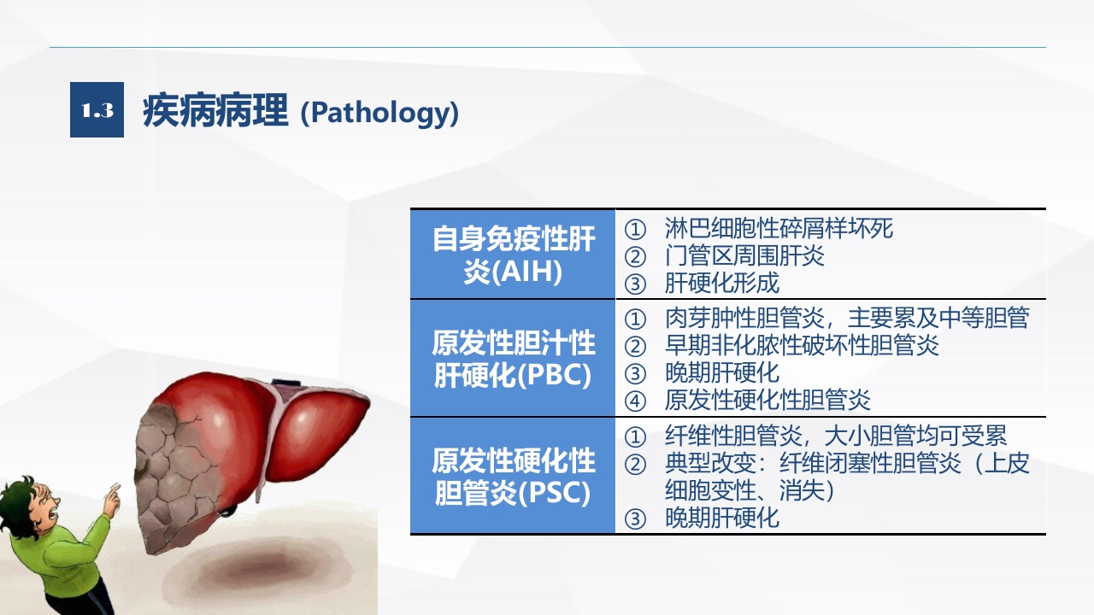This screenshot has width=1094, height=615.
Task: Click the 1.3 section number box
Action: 97,110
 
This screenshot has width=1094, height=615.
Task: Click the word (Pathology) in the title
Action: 379,113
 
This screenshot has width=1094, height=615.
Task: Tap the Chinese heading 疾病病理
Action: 215,111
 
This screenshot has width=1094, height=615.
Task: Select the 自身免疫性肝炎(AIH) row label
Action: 513,255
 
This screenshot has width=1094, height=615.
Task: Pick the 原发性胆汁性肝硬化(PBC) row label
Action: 513,358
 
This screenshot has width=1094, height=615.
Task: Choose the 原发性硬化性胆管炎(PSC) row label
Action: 513,476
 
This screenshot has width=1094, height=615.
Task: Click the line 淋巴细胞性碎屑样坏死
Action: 779,228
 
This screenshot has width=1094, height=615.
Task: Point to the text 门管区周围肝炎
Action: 744,255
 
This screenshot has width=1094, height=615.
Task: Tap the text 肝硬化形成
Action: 722,283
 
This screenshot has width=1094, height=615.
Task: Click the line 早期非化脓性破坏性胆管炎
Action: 802,345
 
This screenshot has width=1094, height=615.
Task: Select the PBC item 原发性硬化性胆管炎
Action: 768,400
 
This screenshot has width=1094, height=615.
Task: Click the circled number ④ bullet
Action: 635,401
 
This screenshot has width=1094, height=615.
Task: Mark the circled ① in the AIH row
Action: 635,230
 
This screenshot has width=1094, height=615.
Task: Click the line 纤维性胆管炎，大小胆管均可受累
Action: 836,436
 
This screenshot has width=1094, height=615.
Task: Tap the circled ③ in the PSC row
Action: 635,518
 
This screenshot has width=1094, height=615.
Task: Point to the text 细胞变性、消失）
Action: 750,490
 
